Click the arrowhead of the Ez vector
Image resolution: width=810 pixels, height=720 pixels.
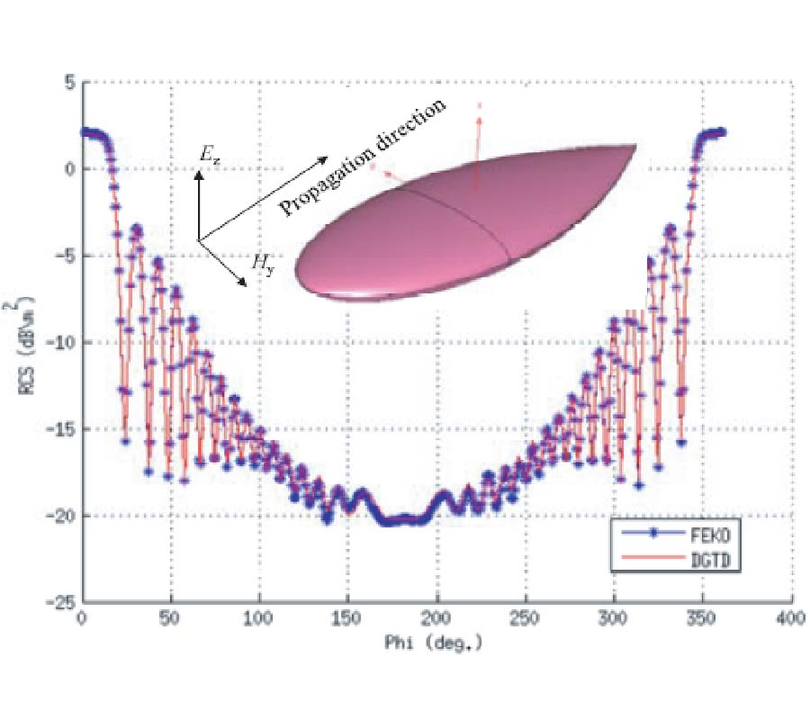pos(199,175)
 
